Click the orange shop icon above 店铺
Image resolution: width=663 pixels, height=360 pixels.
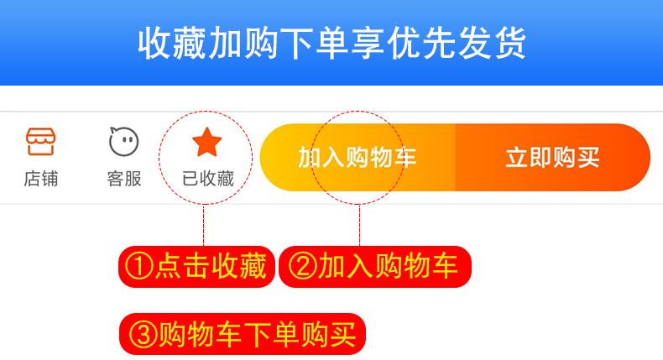click(x=40, y=141)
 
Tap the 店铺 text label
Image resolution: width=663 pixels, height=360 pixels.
click(x=40, y=179)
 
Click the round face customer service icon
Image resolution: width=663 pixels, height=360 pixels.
click(x=123, y=141)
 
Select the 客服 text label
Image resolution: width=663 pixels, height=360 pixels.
click(x=123, y=179)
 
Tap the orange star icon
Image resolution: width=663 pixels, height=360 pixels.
click(x=206, y=143)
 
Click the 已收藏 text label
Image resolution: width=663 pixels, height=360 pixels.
click(x=207, y=179)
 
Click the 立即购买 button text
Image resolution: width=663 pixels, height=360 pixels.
click(x=552, y=157)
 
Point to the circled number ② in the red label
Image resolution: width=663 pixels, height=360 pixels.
click(x=302, y=267)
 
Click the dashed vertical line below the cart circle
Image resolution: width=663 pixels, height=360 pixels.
click(x=359, y=225)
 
